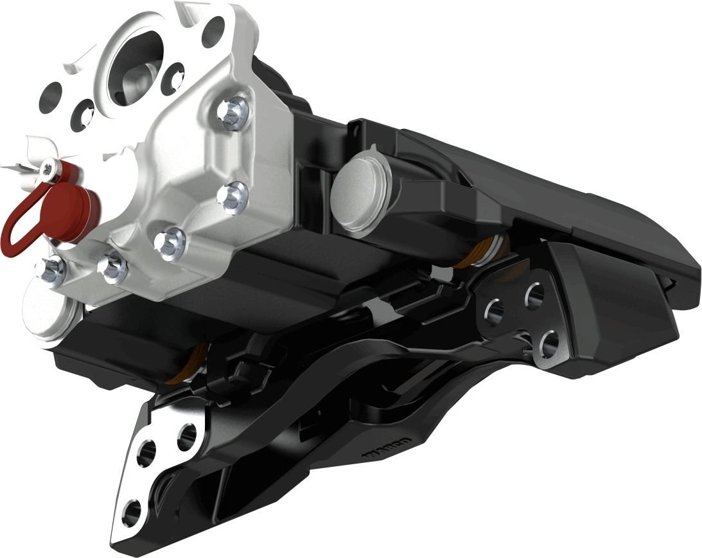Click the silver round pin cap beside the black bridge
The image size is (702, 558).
pos(357,193)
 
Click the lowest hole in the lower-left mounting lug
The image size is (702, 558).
pos(131,510)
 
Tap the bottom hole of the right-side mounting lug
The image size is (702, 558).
pos(547,345)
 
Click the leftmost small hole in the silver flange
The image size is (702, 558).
pos(51,97)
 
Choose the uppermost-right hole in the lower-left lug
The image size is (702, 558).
pos(186,437)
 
